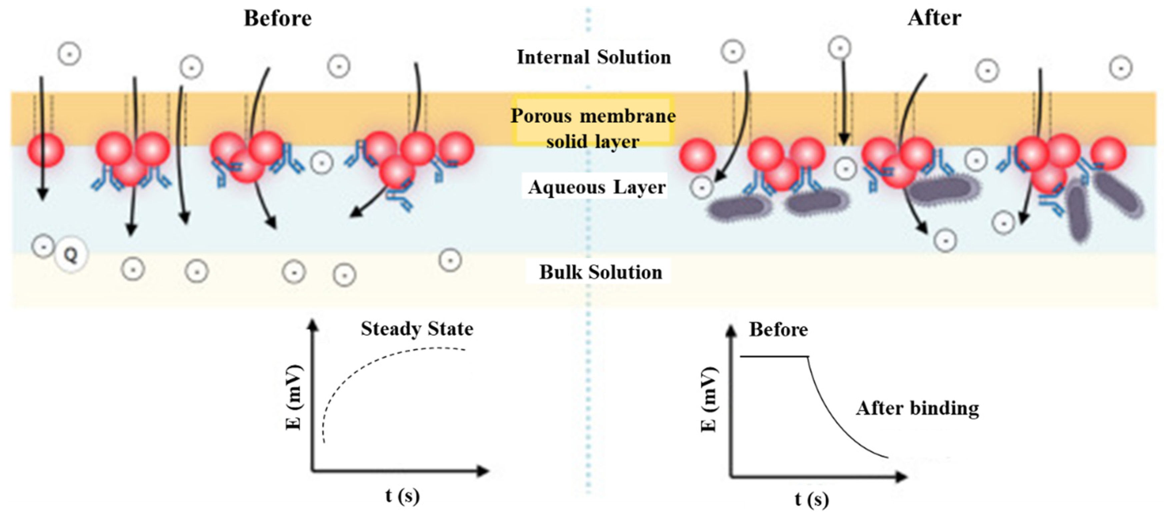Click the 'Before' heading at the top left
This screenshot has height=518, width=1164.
point(277,19)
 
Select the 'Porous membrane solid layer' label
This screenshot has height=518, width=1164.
point(593,128)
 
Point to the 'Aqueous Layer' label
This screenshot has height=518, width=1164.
point(597,187)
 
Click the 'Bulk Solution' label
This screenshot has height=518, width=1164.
point(600,272)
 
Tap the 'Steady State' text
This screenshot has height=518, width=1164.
point(416,329)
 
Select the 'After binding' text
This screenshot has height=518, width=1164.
point(917,408)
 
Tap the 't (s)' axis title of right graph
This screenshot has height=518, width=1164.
point(812,499)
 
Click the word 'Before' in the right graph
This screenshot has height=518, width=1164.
point(778,330)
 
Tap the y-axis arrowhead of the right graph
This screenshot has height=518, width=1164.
point(731,332)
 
